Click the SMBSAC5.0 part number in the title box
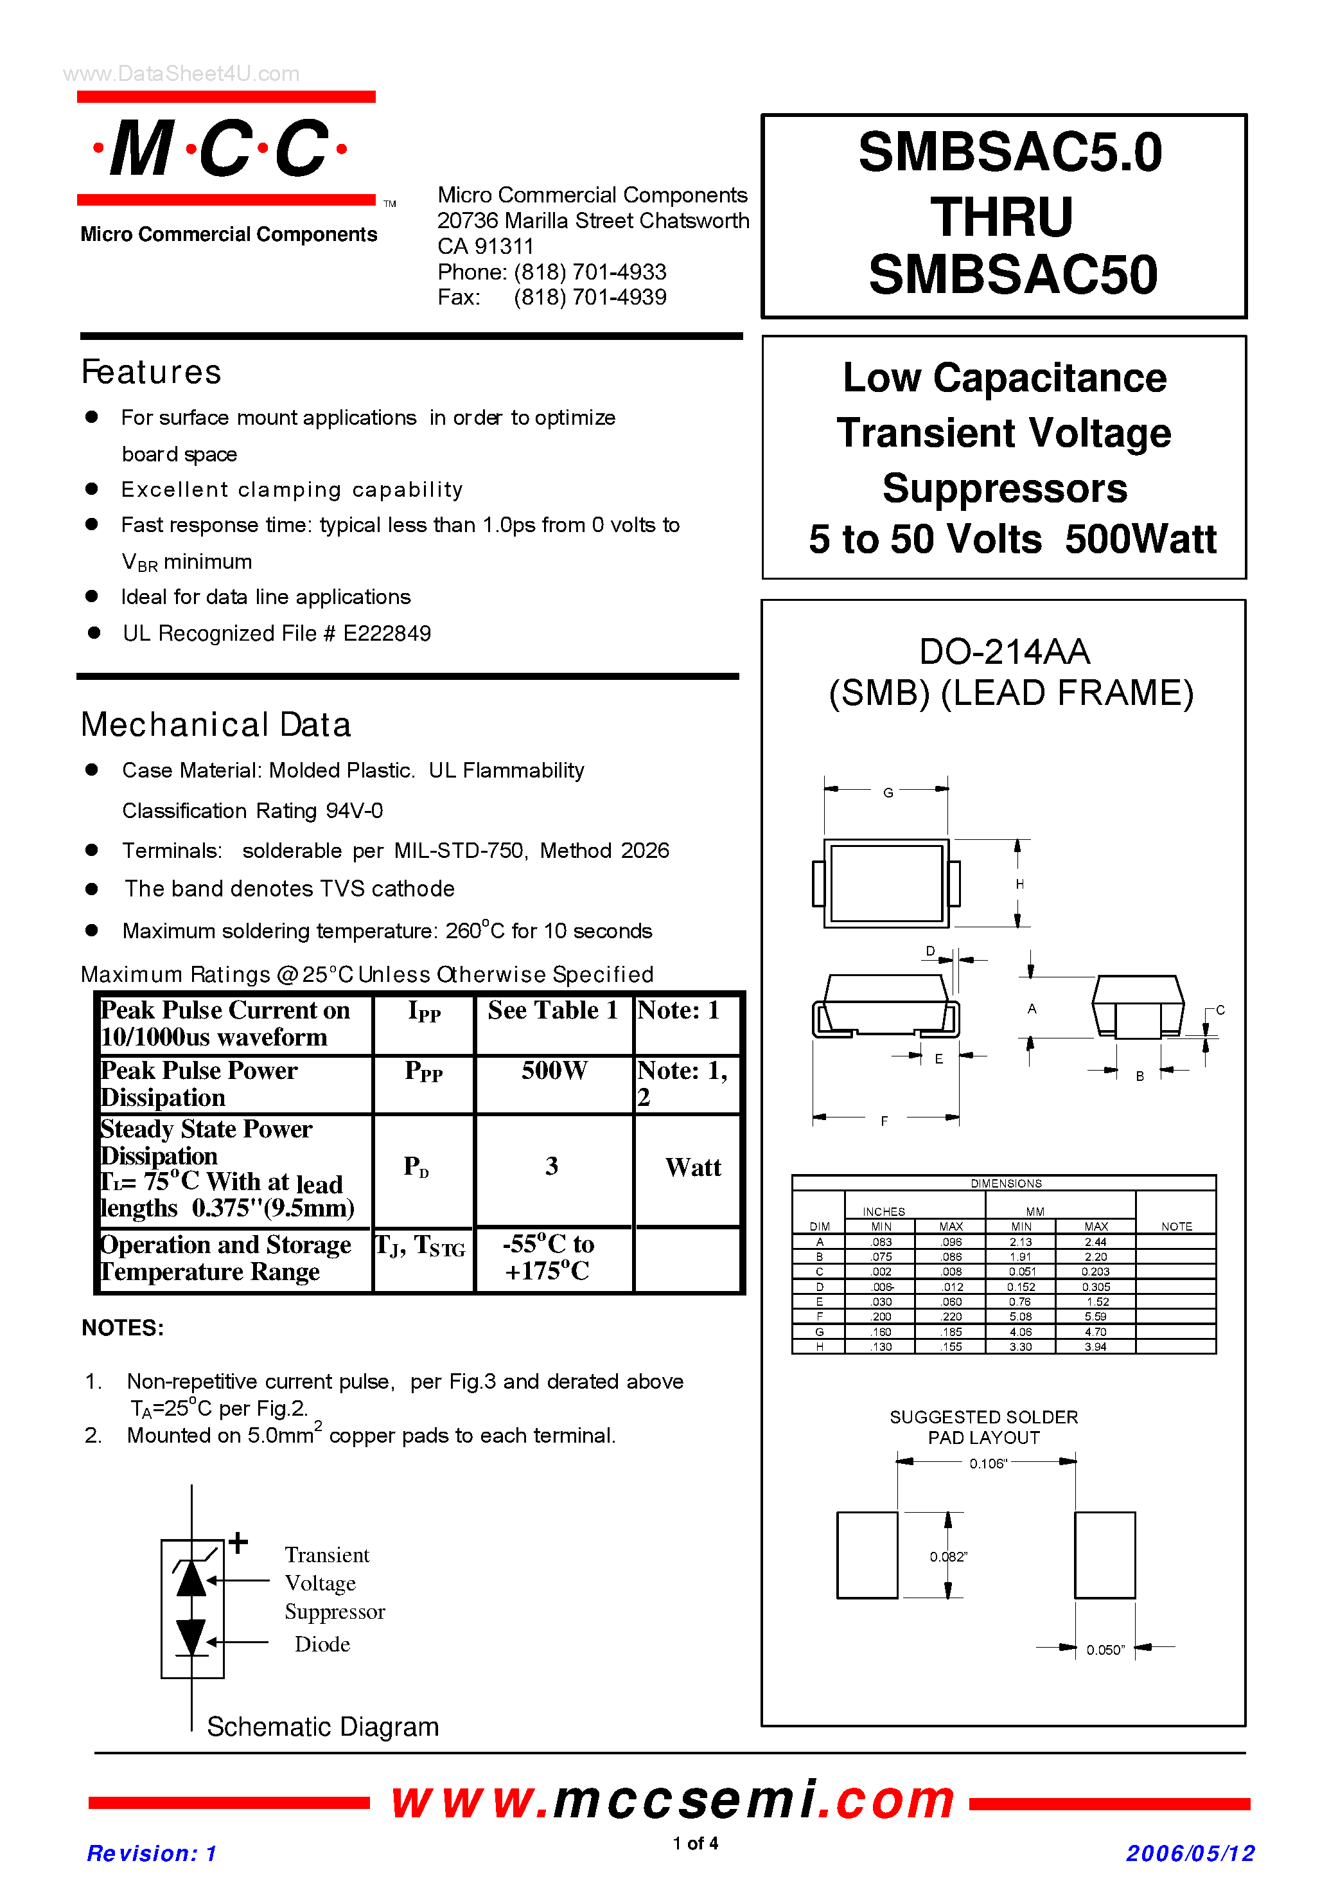(1009, 152)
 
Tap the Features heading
(152, 373)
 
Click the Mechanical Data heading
(216, 726)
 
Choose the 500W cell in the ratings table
(554, 1071)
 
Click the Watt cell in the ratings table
(692, 1168)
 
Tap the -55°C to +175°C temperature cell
(549, 1258)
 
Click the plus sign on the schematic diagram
(238, 1542)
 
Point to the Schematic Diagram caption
(322, 1727)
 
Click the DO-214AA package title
(1004, 652)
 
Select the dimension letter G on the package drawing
(888, 792)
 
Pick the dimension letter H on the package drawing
(1019, 884)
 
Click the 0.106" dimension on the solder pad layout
(988, 1464)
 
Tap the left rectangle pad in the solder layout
(867, 1554)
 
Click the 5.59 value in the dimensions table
(1095, 1317)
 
